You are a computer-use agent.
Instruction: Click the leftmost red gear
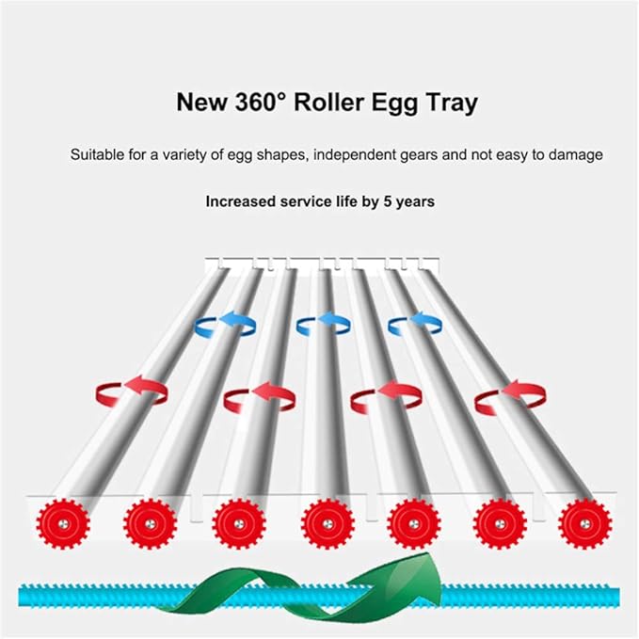pyautogui.click(x=63, y=523)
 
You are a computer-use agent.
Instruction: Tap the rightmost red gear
pyautogui.click(x=584, y=523)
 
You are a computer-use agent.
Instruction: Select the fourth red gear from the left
pyautogui.click(x=327, y=523)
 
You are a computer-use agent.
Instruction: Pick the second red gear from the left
pyautogui.click(x=150, y=523)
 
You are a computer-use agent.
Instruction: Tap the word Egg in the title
pyautogui.click(x=394, y=104)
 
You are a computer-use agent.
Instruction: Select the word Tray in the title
pyautogui.click(x=452, y=104)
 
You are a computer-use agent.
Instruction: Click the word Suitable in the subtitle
pyautogui.click(x=97, y=155)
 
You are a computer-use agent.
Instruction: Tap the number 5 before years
pyautogui.click(x=387, y=201)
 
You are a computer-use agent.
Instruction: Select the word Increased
pyautogui.click(x=240, y=201)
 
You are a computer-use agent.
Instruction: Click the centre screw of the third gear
pyautogui.click(x=239, y=524)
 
